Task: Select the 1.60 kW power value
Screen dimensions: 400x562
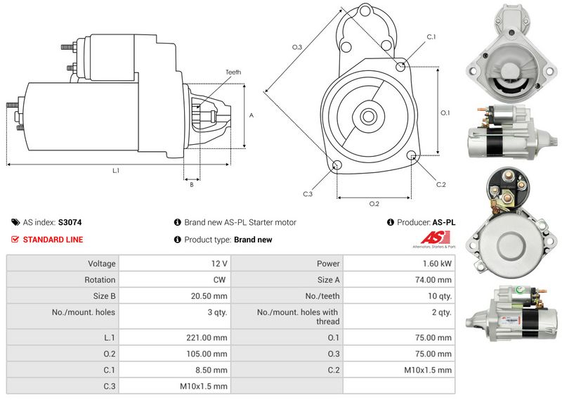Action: (x=436, y=264)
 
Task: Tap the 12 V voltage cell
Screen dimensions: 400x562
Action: (x=219, y=264)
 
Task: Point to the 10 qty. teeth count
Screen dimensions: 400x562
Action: (x=440, y=296)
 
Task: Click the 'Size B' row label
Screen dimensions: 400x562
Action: (x=103, y=296)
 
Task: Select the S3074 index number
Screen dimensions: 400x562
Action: (x=70, y=222)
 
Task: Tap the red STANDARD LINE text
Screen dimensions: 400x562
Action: (x=53, y=240)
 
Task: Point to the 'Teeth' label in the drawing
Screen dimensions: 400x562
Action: (x=233, y=72)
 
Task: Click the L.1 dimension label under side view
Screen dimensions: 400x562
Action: (x=115, y=171)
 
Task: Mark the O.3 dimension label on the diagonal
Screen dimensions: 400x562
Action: (x=297, y=47)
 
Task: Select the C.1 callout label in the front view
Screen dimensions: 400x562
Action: (x=431, y=37)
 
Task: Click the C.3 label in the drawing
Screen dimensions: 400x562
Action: (x=308, y=193)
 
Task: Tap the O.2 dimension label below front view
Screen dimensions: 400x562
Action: (x=374, y=204)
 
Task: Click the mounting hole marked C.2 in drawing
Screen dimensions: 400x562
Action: (x=412, y=156)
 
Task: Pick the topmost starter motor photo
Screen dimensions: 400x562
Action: (x=509, y=49)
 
